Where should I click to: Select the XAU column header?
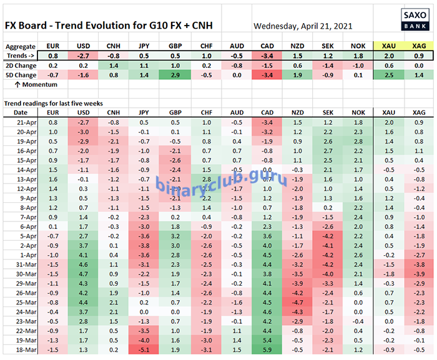[388, 47]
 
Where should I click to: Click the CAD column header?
[267, 47]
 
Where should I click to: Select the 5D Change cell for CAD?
[267, 74]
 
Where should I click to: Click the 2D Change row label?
[21, 65]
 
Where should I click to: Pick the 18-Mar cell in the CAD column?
[267, 350]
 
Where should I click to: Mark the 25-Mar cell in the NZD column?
[297, 303]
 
